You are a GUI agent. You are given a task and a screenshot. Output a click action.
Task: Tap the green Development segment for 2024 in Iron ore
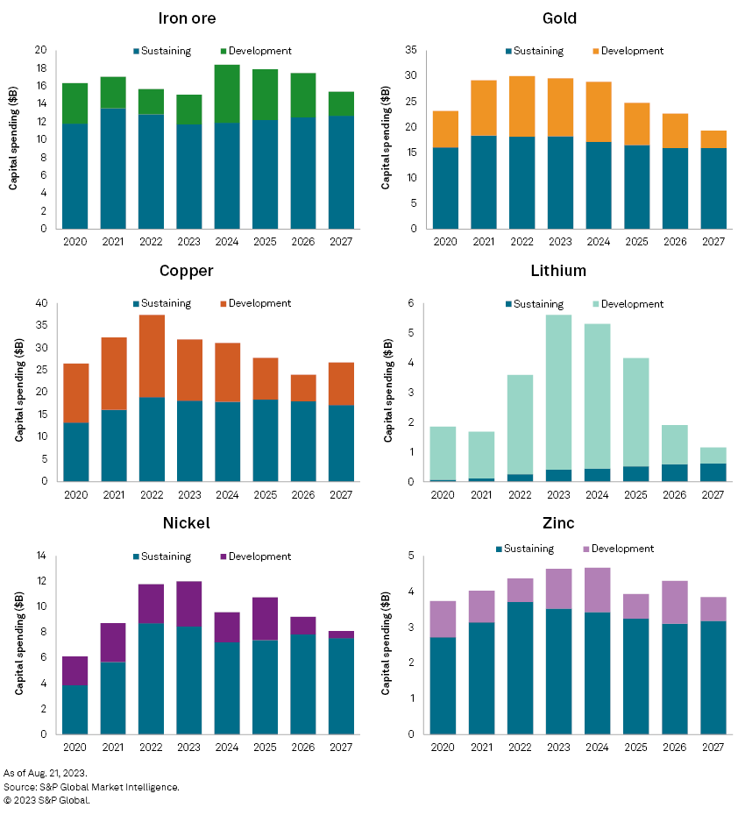pos(227,93)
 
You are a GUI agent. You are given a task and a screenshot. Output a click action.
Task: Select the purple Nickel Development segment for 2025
pos(266,619)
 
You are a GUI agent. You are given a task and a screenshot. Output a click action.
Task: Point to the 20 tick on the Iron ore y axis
pos(40,50)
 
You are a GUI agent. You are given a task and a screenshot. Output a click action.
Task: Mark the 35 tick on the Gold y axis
pos(410,50)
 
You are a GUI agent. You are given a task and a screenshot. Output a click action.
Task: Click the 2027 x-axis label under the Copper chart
pos(341,495)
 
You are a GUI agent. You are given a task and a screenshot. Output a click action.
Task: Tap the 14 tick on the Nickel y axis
pos(40,556)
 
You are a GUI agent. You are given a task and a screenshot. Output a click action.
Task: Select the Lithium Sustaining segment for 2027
pos(713,472)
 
